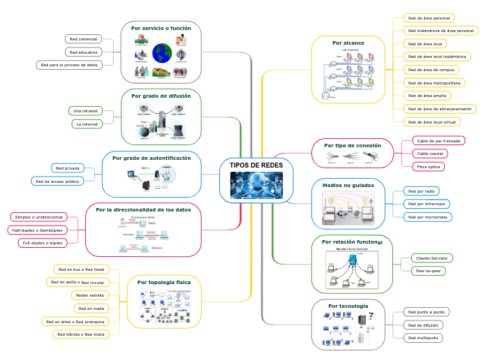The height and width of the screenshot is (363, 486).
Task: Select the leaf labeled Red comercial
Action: [x=83, y=39]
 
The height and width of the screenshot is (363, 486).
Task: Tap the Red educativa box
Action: [x=83, y=52]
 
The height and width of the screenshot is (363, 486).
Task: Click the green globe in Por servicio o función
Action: [x=162, y=52]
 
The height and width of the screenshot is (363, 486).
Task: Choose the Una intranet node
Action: [x=85, y=110]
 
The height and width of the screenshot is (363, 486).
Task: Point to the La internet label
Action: [x=87, y=124]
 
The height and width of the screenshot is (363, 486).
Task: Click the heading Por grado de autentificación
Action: [x=152, y=158]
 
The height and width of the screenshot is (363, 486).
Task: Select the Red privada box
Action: [x=67, y=168]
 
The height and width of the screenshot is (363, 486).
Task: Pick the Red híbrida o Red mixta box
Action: [x=81, y=334]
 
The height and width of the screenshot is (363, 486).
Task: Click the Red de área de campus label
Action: [x=432, y=70]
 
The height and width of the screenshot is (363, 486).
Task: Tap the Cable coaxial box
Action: [x=430, y=154]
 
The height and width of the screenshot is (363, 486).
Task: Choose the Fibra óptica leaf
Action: [x=428, y=167]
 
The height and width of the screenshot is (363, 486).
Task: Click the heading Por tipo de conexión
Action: [x=353, y=145]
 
